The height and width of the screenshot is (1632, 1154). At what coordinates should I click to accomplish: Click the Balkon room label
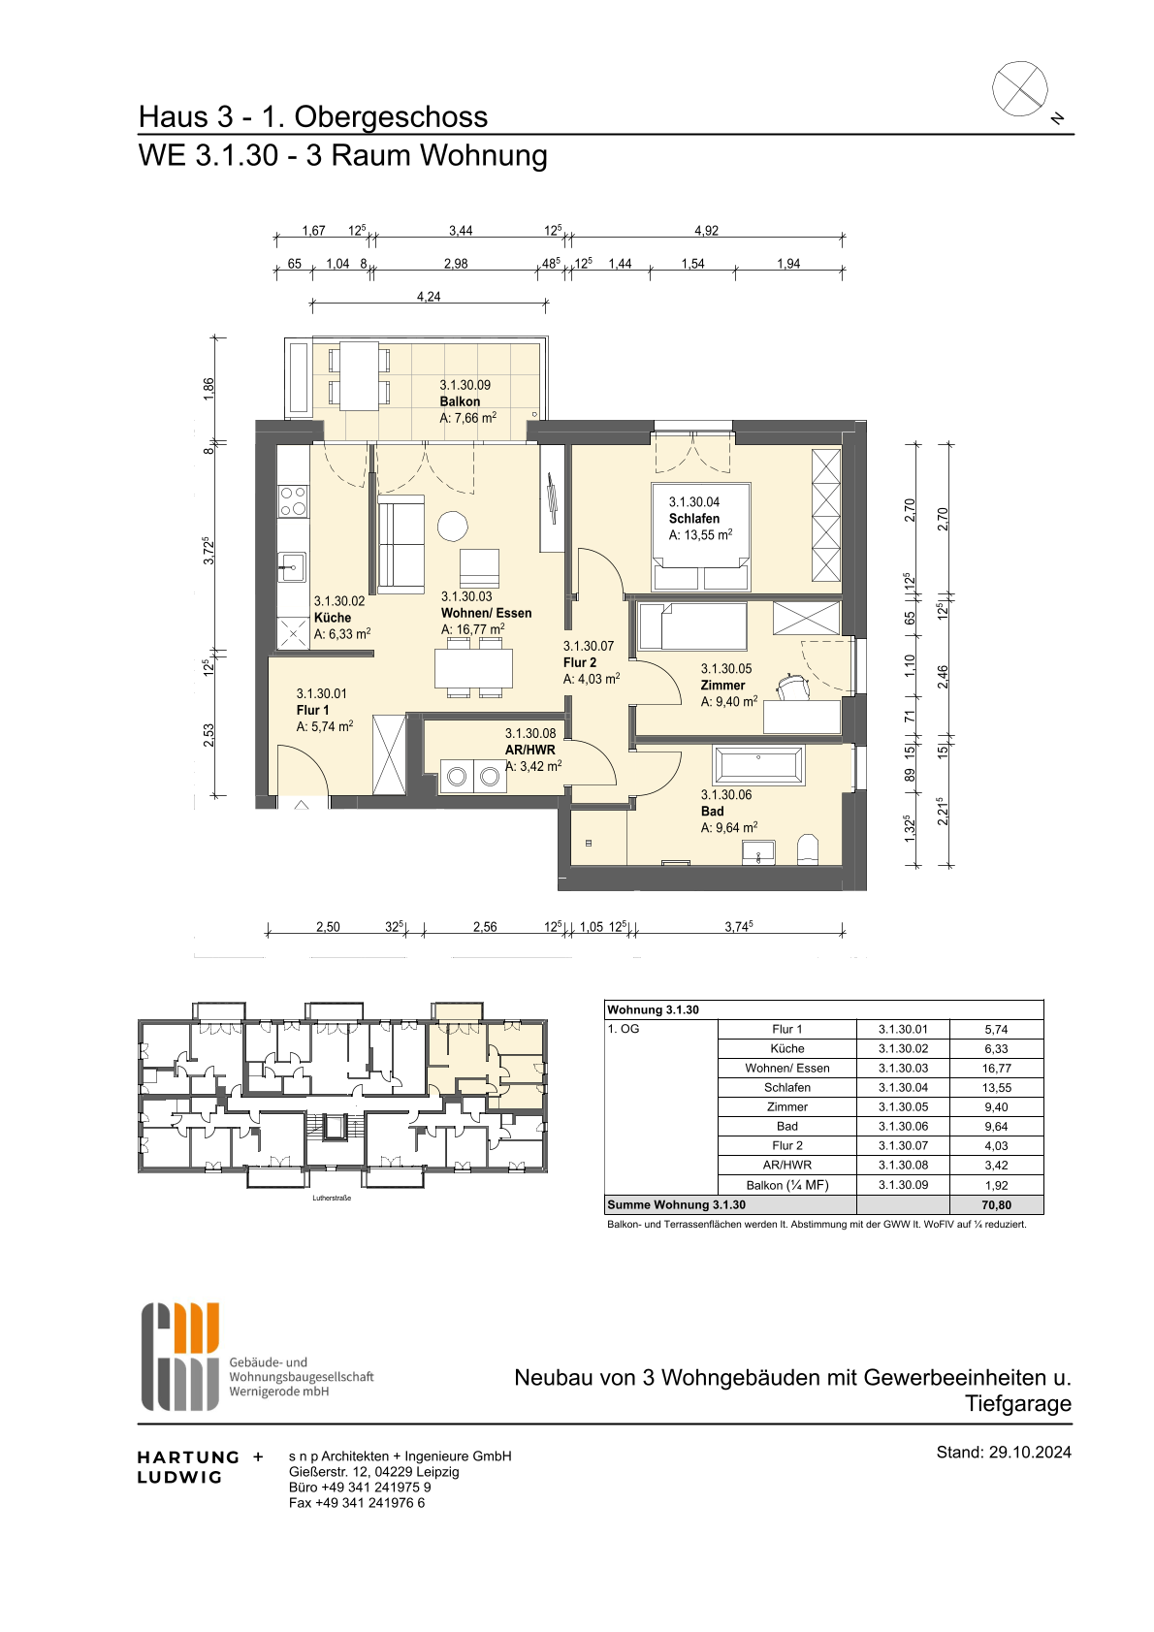click(460, 401)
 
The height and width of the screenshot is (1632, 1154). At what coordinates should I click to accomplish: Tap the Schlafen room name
click(694, 519)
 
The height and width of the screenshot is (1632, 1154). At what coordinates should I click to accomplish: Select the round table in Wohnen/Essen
click(453, 526)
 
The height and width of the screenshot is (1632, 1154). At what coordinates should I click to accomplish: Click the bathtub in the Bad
click(760, 766)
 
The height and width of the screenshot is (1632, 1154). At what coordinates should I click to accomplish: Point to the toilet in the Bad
click(809, 849)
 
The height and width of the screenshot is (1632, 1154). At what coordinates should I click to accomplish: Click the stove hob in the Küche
click(294, 500)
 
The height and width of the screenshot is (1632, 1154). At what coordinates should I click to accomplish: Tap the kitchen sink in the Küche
click(293, 567)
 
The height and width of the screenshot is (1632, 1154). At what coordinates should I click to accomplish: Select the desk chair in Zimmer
click(793, 687)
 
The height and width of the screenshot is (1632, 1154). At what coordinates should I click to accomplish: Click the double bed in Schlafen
click(701, 536)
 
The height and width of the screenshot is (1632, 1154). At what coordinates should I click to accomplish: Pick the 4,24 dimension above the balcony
click(429, 297)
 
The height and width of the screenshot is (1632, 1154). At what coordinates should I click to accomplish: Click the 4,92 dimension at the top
click(706, 230)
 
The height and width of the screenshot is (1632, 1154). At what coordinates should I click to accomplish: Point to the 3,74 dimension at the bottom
click(738, 926)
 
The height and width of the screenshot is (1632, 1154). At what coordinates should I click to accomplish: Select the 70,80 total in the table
click(997, 1204)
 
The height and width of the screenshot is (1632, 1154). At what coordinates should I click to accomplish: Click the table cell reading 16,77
click(997, 1068)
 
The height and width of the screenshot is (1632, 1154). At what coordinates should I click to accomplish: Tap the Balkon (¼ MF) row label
click(786, 1185)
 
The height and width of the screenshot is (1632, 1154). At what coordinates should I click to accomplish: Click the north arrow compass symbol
click(1020, 88)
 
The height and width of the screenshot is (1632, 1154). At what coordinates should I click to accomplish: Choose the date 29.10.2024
click(1030, 1452)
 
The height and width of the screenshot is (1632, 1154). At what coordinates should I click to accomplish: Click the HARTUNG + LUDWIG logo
click(200, 1466)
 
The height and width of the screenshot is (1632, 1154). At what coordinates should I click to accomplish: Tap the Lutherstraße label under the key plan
click(332, 1198)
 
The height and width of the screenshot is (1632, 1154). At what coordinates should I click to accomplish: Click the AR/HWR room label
click(530, 750)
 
